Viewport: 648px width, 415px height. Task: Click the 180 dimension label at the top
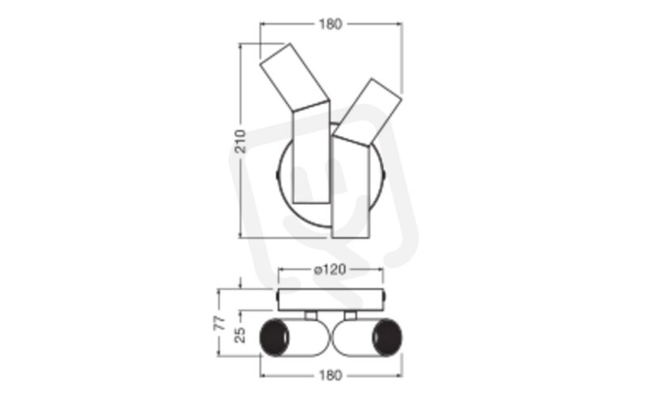[330, 24]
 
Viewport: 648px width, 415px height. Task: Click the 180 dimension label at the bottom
[330, 375]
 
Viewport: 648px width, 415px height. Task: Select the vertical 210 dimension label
[240, 141]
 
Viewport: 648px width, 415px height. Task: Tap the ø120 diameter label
[330, 270]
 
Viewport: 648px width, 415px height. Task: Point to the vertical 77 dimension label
[220, 323]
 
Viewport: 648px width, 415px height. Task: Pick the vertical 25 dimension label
[240, 335]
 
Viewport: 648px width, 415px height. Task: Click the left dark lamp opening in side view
[274, 337]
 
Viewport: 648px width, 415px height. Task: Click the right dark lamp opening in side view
[387, 337]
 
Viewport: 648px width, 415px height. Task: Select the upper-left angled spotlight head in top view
[294, 78]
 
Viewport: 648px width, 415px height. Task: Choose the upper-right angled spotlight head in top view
[368, 112]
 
